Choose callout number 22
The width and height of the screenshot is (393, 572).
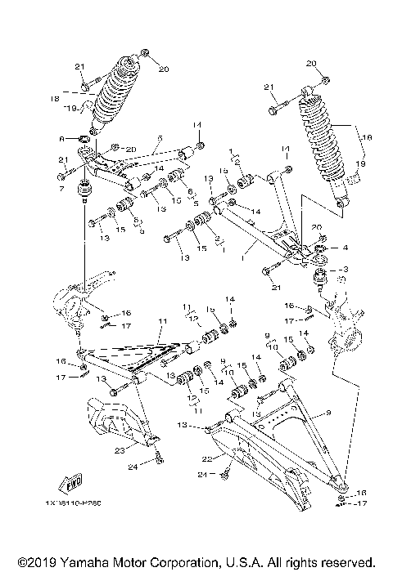(207, 459)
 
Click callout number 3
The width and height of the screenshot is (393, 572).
(345, 268)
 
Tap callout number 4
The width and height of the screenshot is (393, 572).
(346, 247)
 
